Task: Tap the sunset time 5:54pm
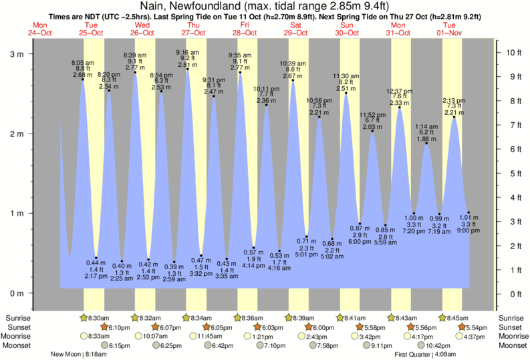point(477,327)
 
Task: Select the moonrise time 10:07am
point(153,337)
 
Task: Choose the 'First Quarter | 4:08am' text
point(422,355)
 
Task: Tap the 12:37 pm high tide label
point(399,90)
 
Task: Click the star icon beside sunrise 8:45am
point(442,318)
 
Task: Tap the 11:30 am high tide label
point(346,75)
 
